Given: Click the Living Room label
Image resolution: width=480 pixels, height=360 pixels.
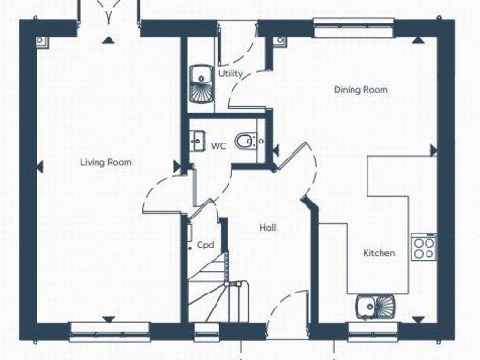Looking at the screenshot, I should click(105, 162).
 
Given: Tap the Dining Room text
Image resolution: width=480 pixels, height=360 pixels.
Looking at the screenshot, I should click(361, 90).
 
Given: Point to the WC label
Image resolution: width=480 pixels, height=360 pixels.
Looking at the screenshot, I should click(217, 145).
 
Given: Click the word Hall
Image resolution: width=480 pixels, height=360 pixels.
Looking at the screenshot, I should click(267, 227).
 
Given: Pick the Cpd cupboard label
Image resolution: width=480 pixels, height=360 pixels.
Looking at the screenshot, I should click(205, 245).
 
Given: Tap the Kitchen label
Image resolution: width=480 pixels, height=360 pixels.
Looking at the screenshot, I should click(379, 253).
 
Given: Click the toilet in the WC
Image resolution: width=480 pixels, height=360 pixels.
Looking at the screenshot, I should click(246, 142).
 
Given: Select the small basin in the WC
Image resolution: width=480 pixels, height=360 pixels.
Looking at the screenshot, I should click(198, 142).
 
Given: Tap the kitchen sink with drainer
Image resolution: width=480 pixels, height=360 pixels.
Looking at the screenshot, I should click(374, 305).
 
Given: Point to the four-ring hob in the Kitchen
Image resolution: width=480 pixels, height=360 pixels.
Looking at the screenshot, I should click(424, 247).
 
